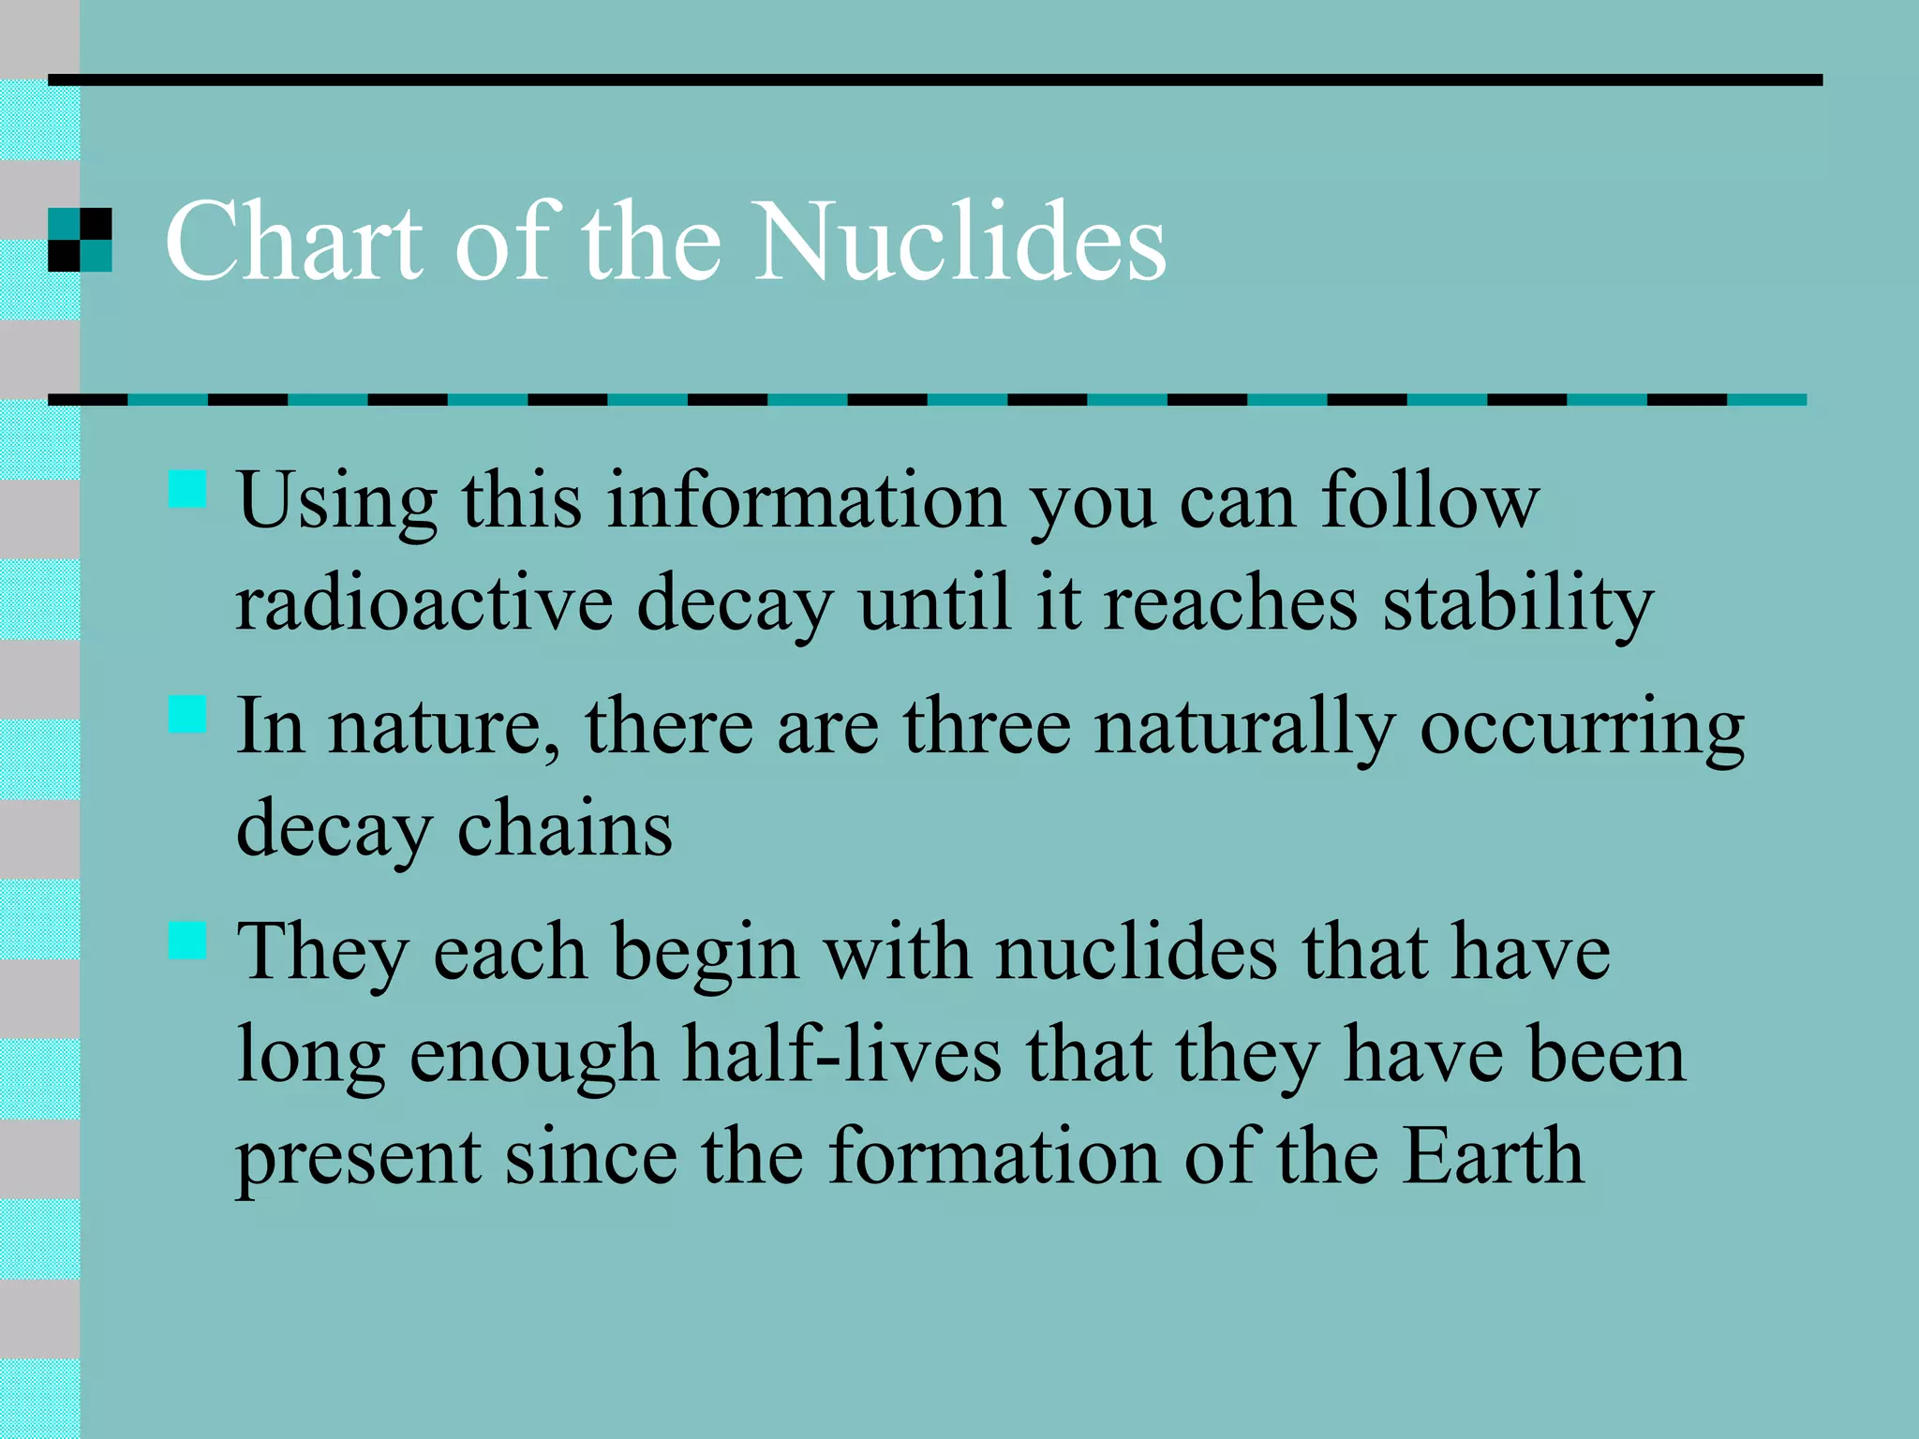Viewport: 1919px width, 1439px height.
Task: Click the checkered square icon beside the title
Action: coord(80,240)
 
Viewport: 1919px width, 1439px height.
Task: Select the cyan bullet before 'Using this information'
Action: coord(187,489)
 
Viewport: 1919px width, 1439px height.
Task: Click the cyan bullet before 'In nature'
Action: coord(187,714)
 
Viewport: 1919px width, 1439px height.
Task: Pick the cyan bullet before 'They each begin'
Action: coord(187,940)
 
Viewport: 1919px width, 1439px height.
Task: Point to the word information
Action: coord(806,501)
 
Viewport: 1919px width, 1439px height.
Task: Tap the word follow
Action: coord(1430,501)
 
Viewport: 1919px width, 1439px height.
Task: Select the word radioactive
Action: coord(424,603)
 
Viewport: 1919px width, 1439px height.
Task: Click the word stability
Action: coord(1518,605)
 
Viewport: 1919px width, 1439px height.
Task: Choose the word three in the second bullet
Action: coord(987,727)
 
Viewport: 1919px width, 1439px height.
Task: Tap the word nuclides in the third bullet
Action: coord(1136,953)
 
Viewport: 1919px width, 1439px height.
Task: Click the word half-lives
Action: coord(841,1055)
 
